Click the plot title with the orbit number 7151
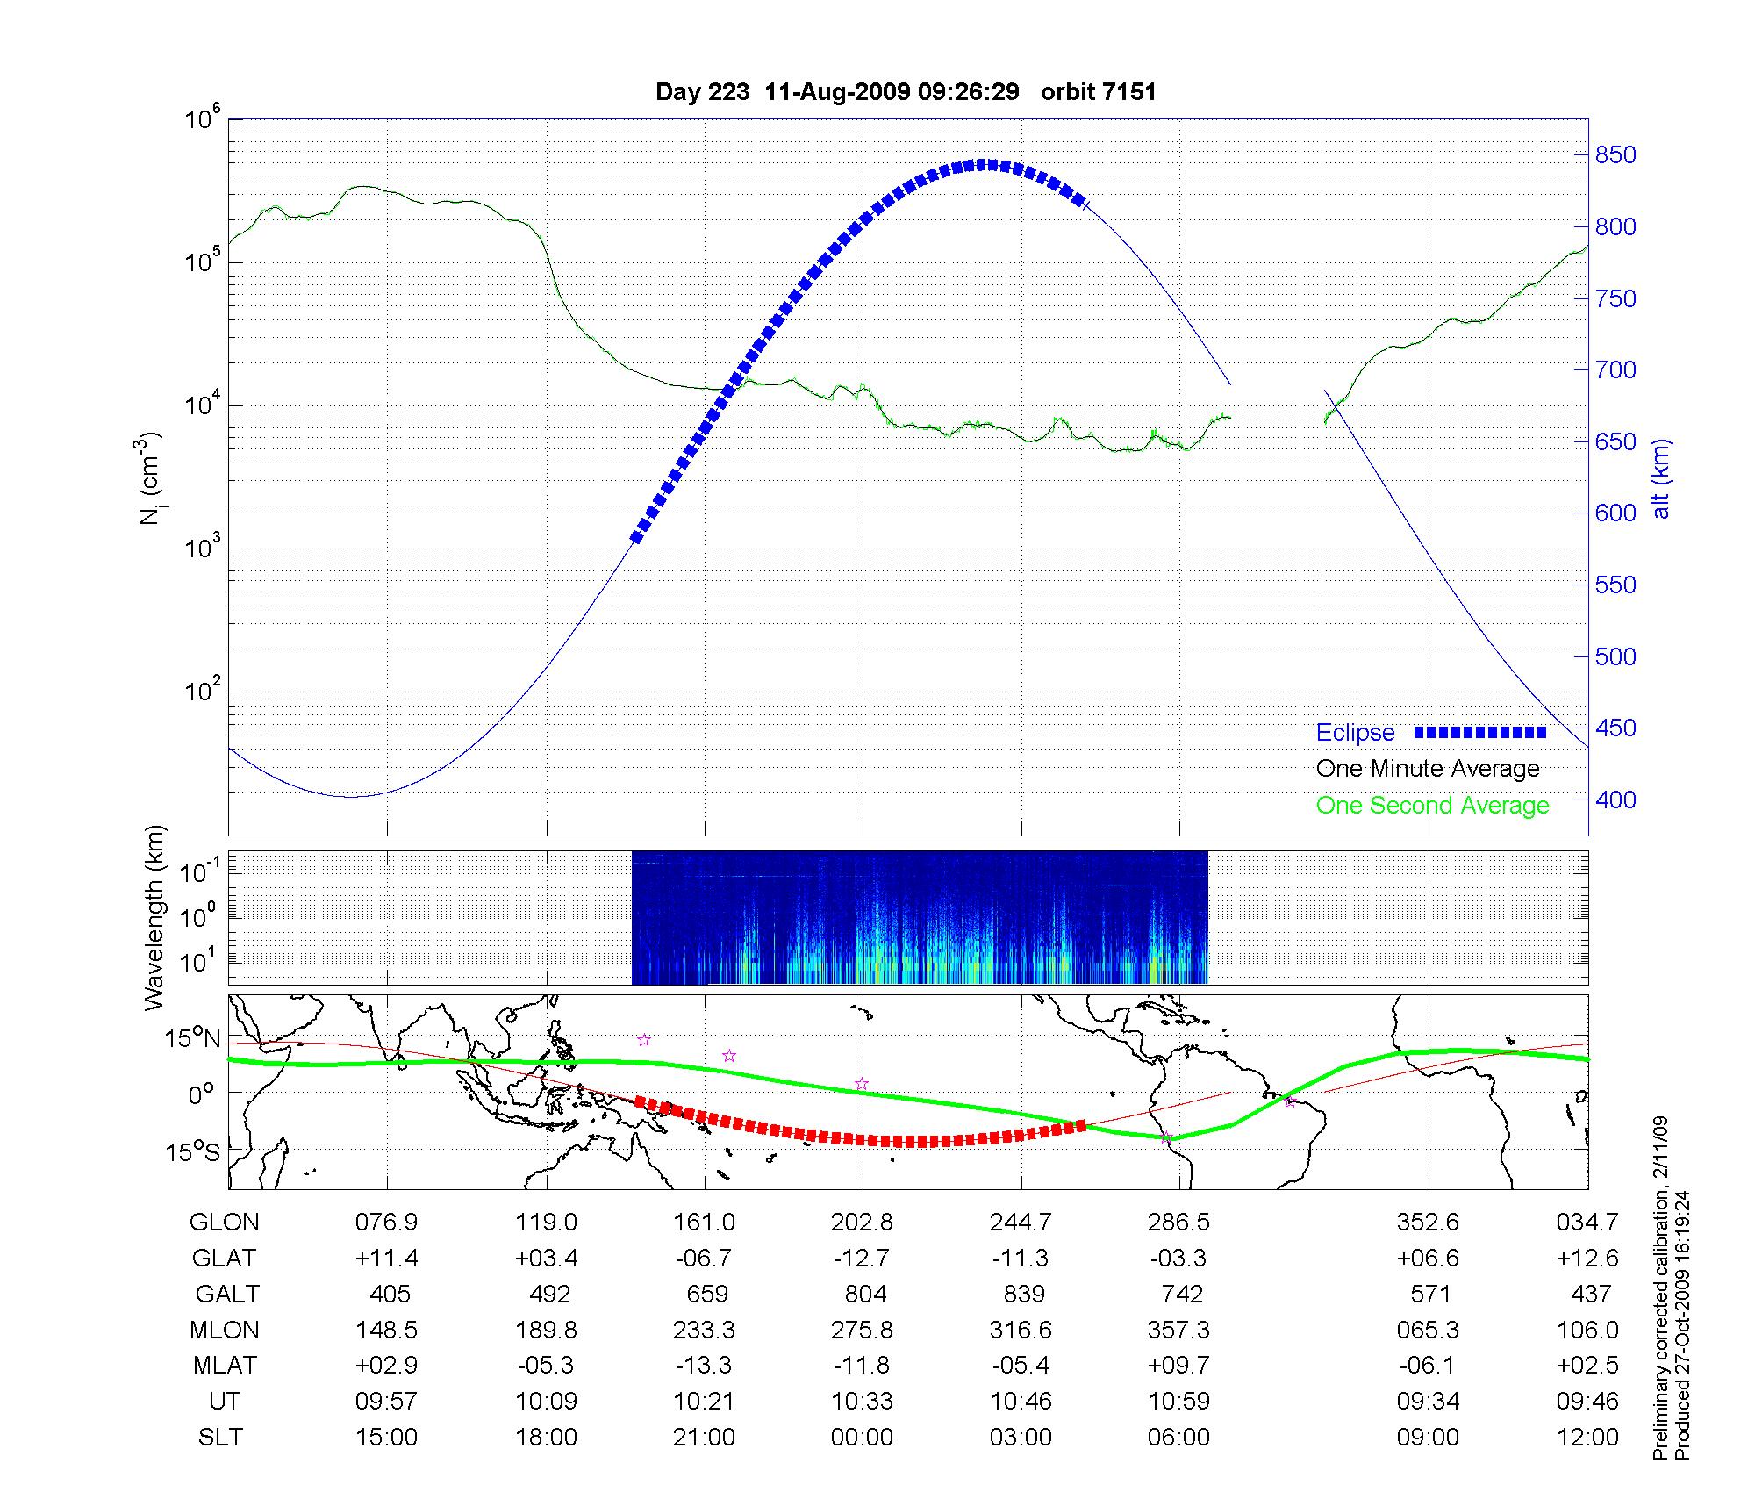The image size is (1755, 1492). [x=906, y=92]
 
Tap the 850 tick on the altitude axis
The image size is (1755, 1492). [x=1615, y=155]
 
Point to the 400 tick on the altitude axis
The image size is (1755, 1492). [x=1615, y=800]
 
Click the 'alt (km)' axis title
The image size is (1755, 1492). [x=1661, y=478]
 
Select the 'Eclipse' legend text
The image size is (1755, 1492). [x=1355, y=733]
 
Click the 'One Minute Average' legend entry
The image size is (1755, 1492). [x=1428, y=769]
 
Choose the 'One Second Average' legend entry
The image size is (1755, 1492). [x=1432, y=806]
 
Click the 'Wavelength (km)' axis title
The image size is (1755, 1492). [x=155, y=917]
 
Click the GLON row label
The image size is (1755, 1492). [x=225, y=1223]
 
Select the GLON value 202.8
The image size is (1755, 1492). [x=863, y=1223]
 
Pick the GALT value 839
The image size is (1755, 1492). [x=1023, y=1295]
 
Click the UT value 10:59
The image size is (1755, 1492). [x=1178, y=1402]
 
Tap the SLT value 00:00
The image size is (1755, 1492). [x=863, y=1438]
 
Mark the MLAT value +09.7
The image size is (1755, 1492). [x=1178, y=1366]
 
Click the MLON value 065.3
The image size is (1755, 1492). [x=1428, y=1331]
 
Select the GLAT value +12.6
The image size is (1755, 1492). [x=1587, y=1259]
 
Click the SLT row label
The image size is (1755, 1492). [x=220, y=1438]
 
